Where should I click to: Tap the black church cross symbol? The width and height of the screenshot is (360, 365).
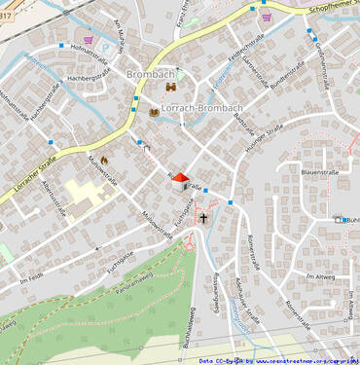[203, 217]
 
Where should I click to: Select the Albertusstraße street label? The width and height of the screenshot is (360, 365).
[51, 203]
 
